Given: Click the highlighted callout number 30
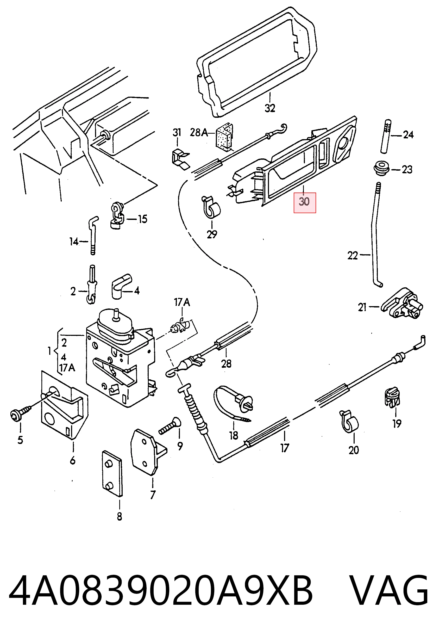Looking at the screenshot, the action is [x=304, y=202].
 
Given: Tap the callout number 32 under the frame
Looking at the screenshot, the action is [x=270, y=108].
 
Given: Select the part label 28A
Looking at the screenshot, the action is [x=199, y=133].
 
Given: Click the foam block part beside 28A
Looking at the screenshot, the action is [x=224, y=137].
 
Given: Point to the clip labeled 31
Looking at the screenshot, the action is [x=180, y=159].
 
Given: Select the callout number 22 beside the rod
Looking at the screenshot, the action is [x=353, y=256].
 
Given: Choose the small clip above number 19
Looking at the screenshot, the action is [x=392, y=398].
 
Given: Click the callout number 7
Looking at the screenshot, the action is [x=153, y=495].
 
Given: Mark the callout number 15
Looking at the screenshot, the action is [x=142, y=219].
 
